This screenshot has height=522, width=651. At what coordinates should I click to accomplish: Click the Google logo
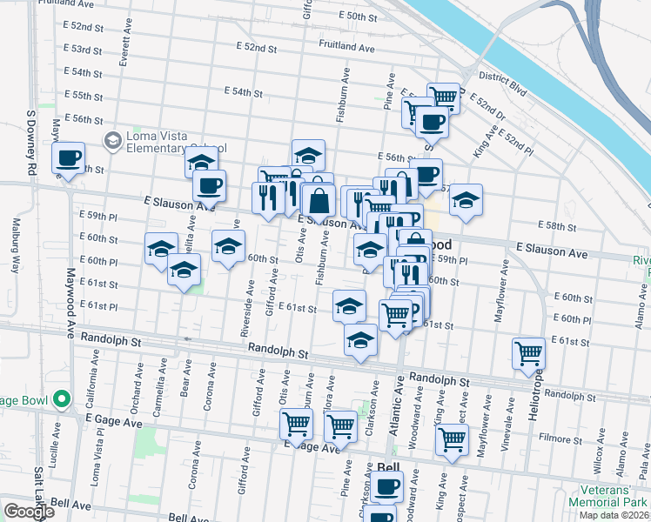pos(29,512)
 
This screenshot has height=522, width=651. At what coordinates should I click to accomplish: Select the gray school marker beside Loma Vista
pos(112,140)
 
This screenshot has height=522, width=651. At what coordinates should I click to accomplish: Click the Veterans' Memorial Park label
pos(608,497)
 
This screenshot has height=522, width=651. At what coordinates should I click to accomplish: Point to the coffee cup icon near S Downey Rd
pos(67,158)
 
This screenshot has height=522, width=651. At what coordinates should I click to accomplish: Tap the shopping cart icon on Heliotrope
pos(528,353)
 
